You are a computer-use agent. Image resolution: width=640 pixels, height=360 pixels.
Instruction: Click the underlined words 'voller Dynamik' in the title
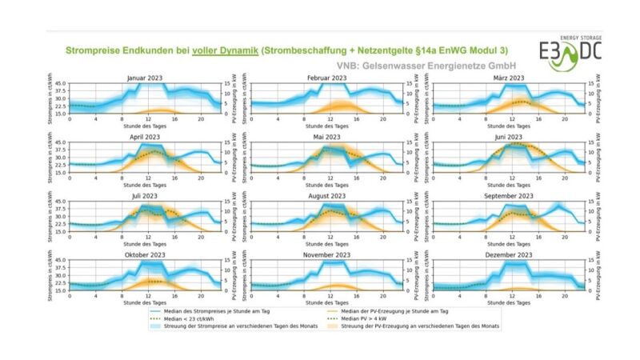pos(225,50)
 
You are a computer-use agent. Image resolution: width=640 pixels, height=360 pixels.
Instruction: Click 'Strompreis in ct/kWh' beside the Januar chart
pos(50,97)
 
